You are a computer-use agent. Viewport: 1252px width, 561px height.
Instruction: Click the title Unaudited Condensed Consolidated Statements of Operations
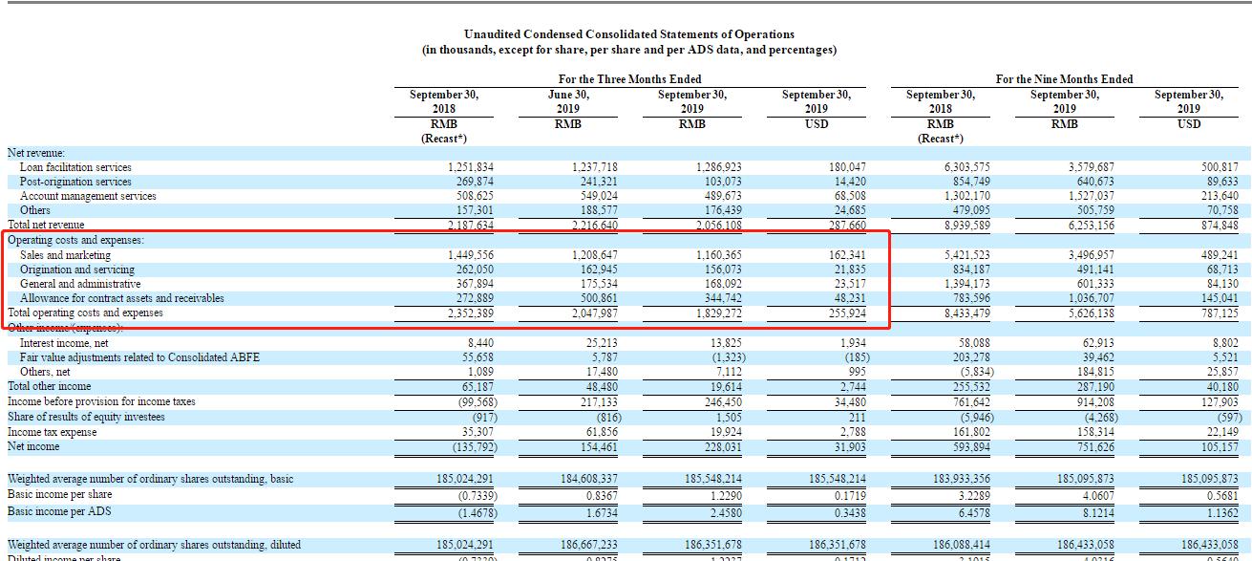(x=628, y=34)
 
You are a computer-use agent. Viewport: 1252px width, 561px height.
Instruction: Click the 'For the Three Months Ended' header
(x=629, y=79)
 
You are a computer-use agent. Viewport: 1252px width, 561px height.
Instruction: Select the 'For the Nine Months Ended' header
(x=1064, y=79)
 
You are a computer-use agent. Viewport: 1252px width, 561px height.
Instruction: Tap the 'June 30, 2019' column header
(x=568, y=101)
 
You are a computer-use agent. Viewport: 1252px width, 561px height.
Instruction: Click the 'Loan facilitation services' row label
(x=75, y=167)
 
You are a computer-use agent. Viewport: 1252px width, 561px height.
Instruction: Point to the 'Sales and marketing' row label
(x=65, y=255)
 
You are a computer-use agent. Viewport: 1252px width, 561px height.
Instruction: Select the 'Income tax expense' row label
(x=52, y=432)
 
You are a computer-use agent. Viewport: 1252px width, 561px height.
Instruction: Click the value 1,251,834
(x=470, y=167)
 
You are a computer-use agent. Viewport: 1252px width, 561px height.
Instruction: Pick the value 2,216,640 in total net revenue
(x=594, y=226)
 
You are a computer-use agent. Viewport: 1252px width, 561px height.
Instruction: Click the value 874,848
(x=1218, y=226)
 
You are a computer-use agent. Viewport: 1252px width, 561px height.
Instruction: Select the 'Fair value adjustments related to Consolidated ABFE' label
(x=139, y=357)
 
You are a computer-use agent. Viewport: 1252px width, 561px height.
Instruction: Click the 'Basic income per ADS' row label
(x=59, y=511)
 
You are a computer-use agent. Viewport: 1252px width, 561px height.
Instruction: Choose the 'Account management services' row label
(x=88, y=196)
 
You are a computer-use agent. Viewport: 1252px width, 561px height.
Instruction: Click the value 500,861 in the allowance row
(x=594, y=298)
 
